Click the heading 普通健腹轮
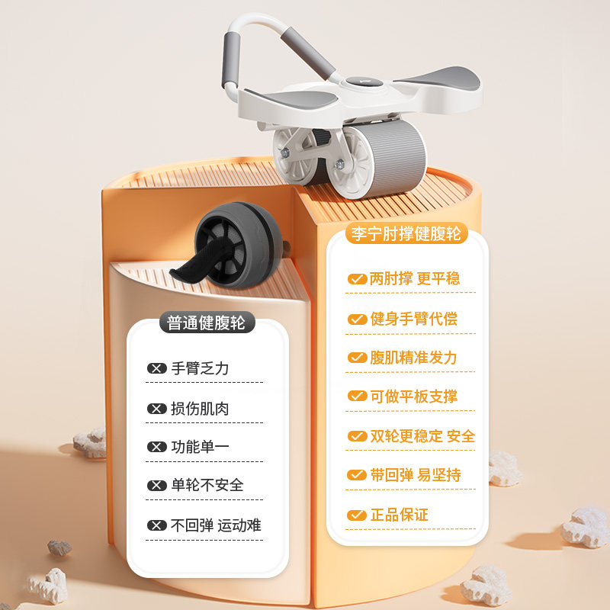coord(207,323)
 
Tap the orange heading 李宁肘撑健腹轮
coord(406,233)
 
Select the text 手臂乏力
coord(200,369)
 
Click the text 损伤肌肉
coord(200,409)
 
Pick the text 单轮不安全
coord(207,486)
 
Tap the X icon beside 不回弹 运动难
coord(157,525)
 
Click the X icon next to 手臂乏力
coord(157,369)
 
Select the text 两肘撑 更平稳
coord(415,279)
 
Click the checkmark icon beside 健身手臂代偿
coord(357,319)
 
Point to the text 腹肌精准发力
coord(413,358)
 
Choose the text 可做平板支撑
coord(413,396)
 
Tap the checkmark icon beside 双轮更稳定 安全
coord(357,436)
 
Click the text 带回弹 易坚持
coord(416,475)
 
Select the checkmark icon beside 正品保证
coord(357,515)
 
